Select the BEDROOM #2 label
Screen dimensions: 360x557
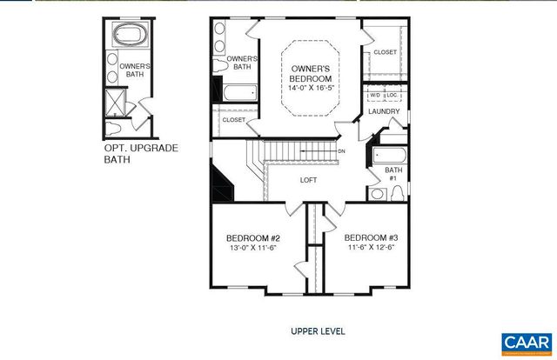252,238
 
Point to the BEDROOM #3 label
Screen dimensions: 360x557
371,238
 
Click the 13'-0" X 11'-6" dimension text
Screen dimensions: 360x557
252,249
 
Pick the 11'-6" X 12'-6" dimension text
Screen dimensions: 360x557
371,249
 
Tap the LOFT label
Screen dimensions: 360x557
308,180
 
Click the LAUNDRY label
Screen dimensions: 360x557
384,111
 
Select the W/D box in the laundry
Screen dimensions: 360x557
375,95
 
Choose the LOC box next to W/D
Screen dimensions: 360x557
393,95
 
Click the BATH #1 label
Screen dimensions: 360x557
393,174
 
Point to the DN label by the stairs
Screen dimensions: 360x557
342,150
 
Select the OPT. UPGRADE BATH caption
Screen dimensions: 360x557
140,154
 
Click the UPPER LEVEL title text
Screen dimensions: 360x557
318,331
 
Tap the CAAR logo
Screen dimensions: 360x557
525,343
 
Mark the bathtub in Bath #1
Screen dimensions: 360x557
387,157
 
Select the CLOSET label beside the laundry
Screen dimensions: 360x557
385,52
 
